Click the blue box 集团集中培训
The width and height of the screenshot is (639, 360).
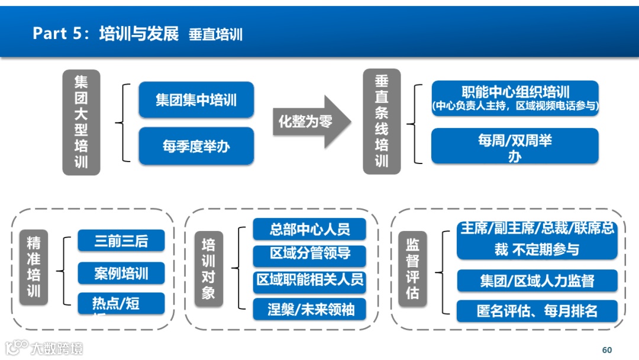pyautogui.click(x=196, y=99)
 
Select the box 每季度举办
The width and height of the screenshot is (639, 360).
pyautogui.click(x=196, y=146)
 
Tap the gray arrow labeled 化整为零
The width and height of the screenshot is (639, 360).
pyautogui.click(x=310, y=122)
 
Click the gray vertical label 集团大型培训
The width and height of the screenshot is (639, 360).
pyautogui.click(x=81, y=122)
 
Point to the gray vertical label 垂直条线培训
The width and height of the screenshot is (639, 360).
pyautogui.click(x=382, y=121)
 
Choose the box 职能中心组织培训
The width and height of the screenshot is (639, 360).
pyautogui.click(x=515, y=98)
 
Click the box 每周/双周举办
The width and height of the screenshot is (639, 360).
pyautogui.click(x=515, y=146)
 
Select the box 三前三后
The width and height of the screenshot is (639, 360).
pyautogui.click(x=121, y=241)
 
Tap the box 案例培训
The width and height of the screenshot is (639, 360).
pyautogui.click(x=121, y=274)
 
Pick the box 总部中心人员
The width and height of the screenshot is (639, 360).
pyautogui.click(x=309, y=229)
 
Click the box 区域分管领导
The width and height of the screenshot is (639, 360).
pyautogui.click(x=309, y=253)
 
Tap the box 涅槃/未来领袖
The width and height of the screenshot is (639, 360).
pyautogui.click(x=309, y=308)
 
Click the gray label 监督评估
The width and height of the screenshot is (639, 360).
pyautogui.click(x=412, y=268)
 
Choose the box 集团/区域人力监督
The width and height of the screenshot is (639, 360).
pyautogui.click(x=537, y=281)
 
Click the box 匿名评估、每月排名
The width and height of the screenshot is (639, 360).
pyautogui.click(x=537, y=311)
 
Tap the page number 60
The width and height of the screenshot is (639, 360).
pyautogui.click(x=606, y=350)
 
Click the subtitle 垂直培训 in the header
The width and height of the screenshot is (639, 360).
pyautogui.click(x=215, y=34)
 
